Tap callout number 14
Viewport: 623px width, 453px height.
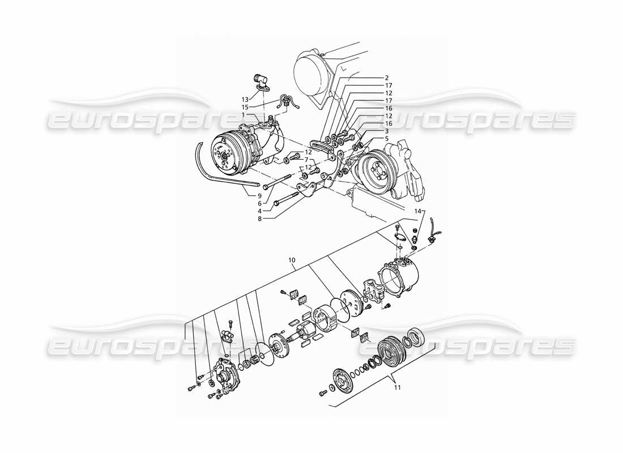click(x=418, y=211)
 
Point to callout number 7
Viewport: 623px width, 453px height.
click(x=306, y=160)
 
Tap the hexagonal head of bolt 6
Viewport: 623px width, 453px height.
click(x=265, y=186)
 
